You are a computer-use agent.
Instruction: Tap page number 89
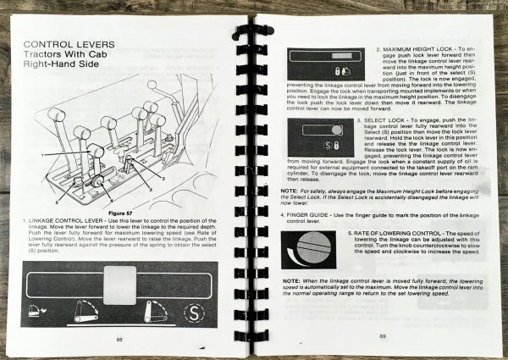[x=383, y=336]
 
